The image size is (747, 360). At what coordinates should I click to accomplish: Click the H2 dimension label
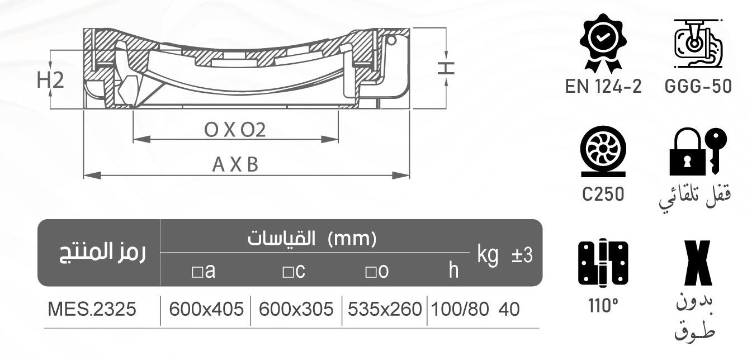[50, 80]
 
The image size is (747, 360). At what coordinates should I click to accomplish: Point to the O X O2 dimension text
[235, 130]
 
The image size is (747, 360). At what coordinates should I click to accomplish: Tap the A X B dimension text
[235, 165]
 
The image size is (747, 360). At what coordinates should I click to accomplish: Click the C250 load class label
[602, 194]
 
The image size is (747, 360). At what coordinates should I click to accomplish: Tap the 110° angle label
[602, 307]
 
